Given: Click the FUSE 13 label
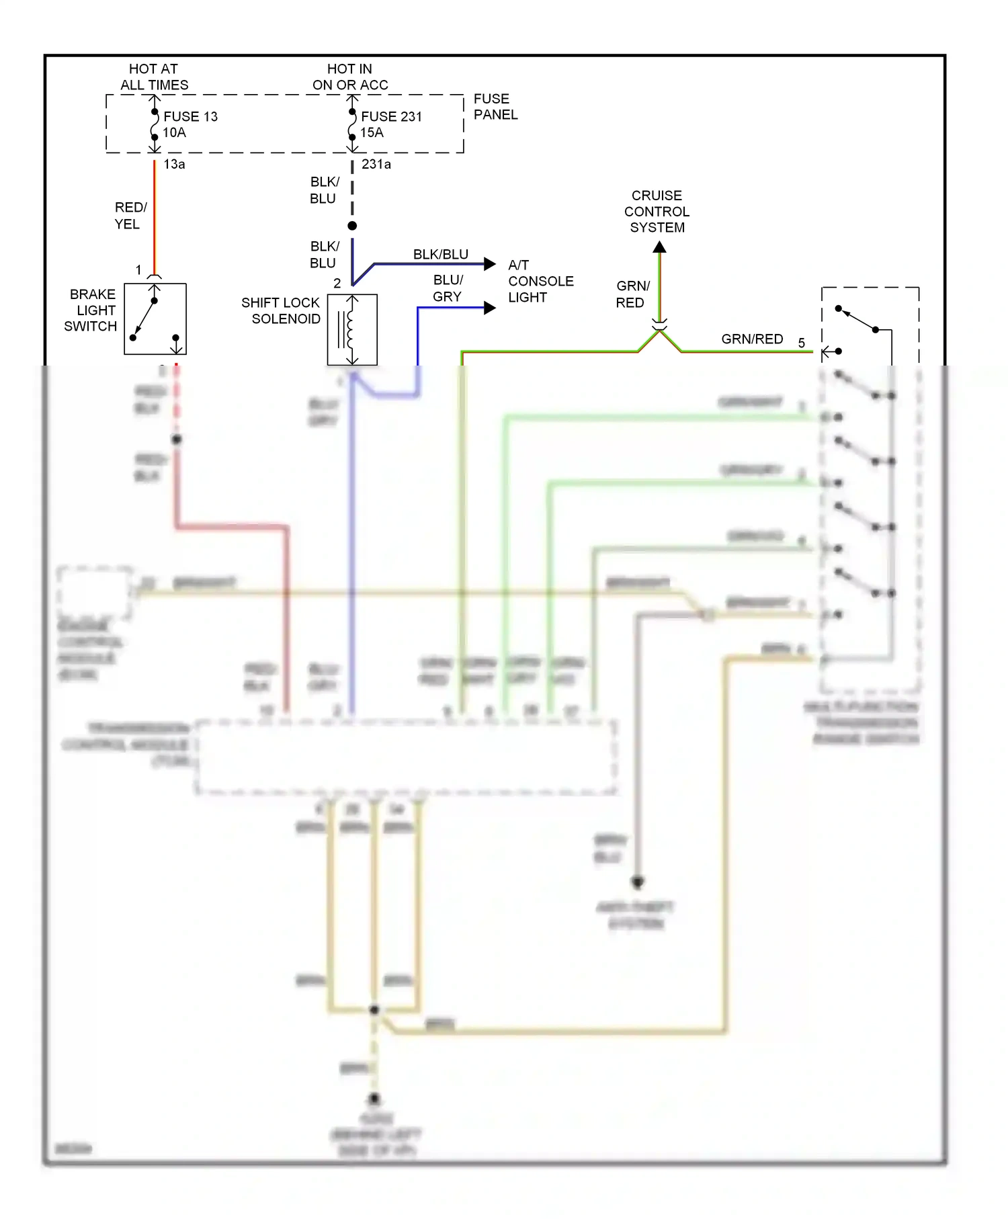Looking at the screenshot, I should point(190,116).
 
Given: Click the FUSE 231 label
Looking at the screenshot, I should point(391,116).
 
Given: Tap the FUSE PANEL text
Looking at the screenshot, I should point(495,107).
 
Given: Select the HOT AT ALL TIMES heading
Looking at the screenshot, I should point(154,77).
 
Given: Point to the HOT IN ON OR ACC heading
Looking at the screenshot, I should point(350,77).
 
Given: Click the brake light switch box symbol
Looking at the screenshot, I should point(155,319).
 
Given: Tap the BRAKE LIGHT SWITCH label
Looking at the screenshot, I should point(92,310).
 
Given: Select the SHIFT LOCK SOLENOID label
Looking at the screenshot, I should point(281,310).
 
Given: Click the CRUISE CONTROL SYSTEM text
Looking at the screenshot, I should point(657,211).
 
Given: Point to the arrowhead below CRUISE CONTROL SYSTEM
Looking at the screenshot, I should point(660,247).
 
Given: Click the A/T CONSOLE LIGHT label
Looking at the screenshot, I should point(540,281).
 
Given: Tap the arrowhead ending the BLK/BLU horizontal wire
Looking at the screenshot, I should point(490,264).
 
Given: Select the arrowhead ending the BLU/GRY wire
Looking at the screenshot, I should point(490,308).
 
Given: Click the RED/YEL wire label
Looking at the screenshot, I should point(130,215).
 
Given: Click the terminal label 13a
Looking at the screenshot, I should point(174,164).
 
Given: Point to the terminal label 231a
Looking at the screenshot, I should point(376,164).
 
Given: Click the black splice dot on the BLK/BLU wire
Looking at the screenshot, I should point(352,226).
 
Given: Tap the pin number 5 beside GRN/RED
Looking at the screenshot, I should point(801,343).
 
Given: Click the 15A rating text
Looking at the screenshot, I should point(372,132).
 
